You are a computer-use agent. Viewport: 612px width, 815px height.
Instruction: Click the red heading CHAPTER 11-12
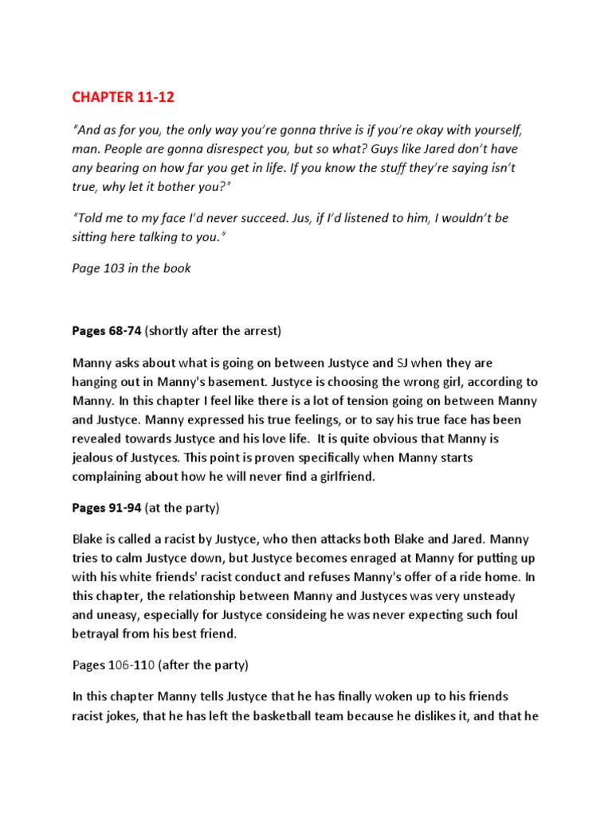pos(123,98)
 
